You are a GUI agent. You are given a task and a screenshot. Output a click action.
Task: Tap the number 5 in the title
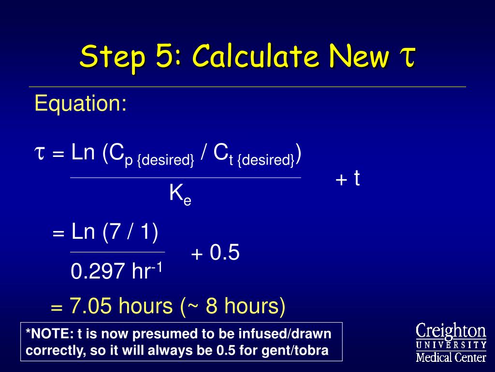coord(163,56)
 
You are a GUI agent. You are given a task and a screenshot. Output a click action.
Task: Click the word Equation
coord(81,104)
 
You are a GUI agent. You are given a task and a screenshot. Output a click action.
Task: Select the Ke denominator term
coord(180,194)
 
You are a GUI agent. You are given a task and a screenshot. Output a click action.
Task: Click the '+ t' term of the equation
coord(348,178)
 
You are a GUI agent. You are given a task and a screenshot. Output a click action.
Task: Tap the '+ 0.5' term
coord(215,252)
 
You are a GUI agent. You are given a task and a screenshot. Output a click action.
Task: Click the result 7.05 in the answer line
coord(90,306)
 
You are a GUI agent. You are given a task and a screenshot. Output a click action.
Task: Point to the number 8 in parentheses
coord(212,306)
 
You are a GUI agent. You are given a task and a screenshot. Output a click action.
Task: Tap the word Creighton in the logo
coord(451,331)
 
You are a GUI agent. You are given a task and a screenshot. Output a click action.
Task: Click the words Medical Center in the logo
coord(451,357)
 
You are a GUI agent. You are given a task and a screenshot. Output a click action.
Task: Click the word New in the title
coord(359,56)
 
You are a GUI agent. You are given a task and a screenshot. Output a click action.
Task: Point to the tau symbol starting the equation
coord(40,153)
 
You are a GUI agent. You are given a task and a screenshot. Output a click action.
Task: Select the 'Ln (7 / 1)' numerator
coord(115,232)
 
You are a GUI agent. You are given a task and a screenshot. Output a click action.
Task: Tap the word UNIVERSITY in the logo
coord(451,344)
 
